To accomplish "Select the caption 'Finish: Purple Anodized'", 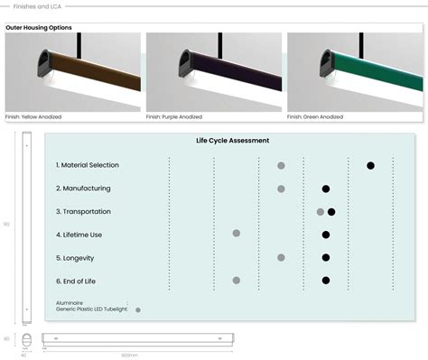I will pyautogui.click(x=177, y=116).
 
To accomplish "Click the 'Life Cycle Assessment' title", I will pyautogui.click(x=232, y=141).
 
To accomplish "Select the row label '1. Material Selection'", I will pyautogui.click(x=87, y=165).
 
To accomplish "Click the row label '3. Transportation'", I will pyautogui.click(x=83, y=211).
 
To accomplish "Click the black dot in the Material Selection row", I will pyautogui.click(x=370, y=165).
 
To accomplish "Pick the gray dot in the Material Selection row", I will pyautogui.click(x=281, y=166).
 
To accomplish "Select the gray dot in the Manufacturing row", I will pyautogui.click(x=281, y=189).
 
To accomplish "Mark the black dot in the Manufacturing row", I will pyautogui.click(x=326, y=189).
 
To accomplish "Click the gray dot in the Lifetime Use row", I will pyautogui.click(x=237, y=233).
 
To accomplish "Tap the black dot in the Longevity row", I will pyautogui.click(x=326, y=257).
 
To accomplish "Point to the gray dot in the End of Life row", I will pyautogui.click(x=237, y=281).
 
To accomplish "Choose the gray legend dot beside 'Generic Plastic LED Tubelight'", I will pyautogui.click(x=138, y=309).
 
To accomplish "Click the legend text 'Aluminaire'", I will pyautogui.click(x=71, y=303).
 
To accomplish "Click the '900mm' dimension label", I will pyautogui.click(x=130, y=355).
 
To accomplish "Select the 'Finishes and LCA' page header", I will pyautogui.click(x=38, y=6).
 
